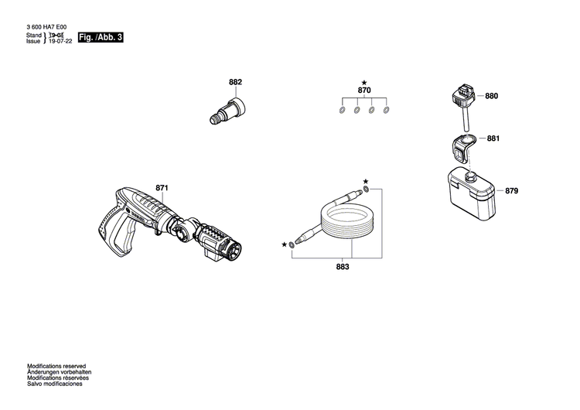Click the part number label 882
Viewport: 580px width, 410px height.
pos(235,82)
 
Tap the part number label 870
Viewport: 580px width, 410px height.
pos(364,91)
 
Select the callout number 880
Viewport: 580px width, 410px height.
pos(492,97)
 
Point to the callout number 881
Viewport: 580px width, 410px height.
pos(493,138)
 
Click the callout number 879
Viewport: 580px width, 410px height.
pos(512,190)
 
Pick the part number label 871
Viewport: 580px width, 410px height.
pos(162,188)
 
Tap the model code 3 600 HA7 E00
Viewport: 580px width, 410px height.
pos(51,27)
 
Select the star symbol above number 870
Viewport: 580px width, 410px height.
pos(364,82)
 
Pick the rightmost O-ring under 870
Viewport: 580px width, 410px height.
pos(387,110)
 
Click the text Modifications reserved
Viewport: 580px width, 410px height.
pos(56,366)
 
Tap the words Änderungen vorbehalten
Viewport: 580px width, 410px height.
pos(58,372)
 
